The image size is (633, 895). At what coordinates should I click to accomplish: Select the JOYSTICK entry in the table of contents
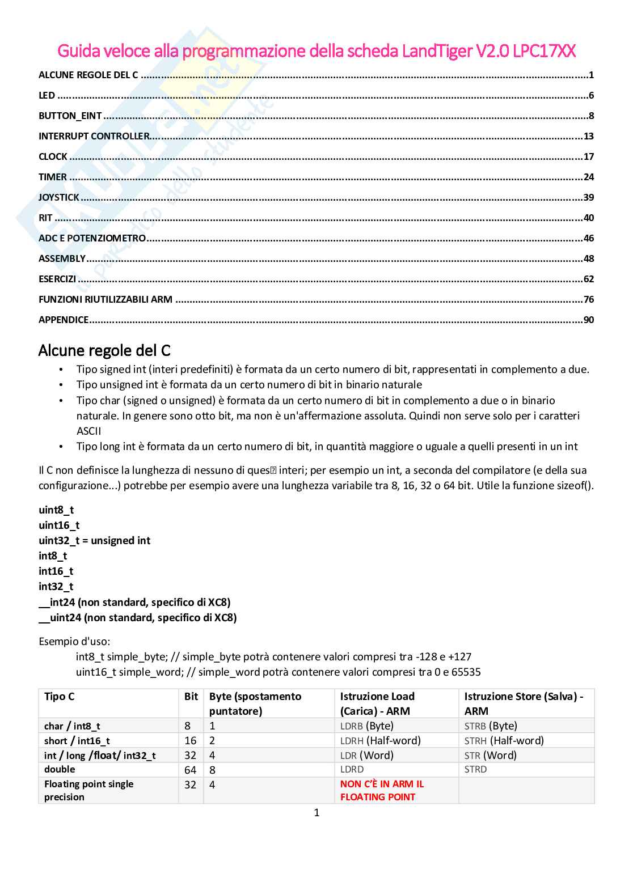[x=59, y=197]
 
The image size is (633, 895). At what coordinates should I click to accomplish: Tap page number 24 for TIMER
[x=588, y=177]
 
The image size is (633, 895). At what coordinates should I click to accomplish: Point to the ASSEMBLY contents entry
[x=62, y=258]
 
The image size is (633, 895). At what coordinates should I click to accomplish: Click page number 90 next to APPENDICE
[x=588, y=320]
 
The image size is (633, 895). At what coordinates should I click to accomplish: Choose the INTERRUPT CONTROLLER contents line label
[x=94, y=136]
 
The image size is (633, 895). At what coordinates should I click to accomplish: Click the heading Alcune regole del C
[x=104, y=350]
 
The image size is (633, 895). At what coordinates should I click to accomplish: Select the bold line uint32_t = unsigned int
[x=94, y=540]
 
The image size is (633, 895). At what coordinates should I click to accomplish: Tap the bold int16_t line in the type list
[x=56, y=571]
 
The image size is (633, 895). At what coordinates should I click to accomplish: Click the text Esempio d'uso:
[x=74, y=642]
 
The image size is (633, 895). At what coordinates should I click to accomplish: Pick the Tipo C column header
[x=59, y=696]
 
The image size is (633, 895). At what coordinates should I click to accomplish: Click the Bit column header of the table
[x=191, y=696]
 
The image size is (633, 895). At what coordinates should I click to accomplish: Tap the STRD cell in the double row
[x=475, y=769]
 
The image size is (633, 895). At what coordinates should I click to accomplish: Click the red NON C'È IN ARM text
[x=382, y=784]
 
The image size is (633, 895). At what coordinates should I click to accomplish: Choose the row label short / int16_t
[x=77, y=740]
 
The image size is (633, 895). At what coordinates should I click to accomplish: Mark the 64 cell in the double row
[x=191, y=770]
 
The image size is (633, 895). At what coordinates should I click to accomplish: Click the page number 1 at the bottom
[x=317, y=813]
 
